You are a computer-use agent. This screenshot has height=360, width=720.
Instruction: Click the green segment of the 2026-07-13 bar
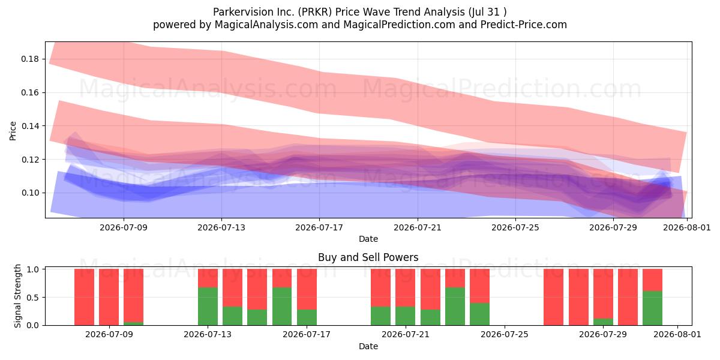click(x=208, y=306)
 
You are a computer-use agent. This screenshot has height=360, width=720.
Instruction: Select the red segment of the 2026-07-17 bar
click(x=307, y=289)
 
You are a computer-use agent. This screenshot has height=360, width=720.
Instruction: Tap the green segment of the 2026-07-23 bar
click(x=455, y=306)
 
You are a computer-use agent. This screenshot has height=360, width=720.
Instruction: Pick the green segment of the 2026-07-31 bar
click(x=653, y=308)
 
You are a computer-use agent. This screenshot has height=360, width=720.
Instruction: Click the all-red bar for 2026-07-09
click(x=109, y=297)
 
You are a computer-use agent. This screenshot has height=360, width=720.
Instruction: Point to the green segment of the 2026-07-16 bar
click(x=282, y=306)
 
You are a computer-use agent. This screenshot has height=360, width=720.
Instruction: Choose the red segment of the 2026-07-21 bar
click(x=406, y=287)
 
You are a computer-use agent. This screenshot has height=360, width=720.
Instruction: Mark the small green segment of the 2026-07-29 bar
click(x=603, y=322)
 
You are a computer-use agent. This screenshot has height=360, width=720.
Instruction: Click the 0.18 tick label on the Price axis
click(x=30, y=59)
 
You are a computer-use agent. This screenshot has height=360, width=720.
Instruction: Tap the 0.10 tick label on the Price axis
click(x=30, y=193)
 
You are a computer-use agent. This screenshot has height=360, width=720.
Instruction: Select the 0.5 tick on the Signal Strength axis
click(x=33, y=298)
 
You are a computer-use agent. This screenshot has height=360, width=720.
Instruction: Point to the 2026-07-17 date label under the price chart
click(x=319, y=227)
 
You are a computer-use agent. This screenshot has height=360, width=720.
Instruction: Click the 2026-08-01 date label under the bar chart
click(x=677, y=334)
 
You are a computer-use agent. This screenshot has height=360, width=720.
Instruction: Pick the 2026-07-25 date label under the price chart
click(x=515, y=227)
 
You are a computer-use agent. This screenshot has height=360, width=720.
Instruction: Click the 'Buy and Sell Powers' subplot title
click(x=368, y=257)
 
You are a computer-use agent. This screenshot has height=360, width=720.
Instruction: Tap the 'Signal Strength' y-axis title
click(x=17, y=296)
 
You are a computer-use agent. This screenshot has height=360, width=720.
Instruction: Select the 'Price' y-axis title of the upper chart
click(x=13, y=131)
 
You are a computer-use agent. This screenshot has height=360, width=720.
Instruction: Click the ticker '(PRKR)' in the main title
click(x=314, y=12)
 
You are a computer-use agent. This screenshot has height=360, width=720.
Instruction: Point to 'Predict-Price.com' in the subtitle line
click(x=524, y=25)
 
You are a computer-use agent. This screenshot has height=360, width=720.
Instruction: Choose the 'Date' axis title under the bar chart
click(x=368, y=346)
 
